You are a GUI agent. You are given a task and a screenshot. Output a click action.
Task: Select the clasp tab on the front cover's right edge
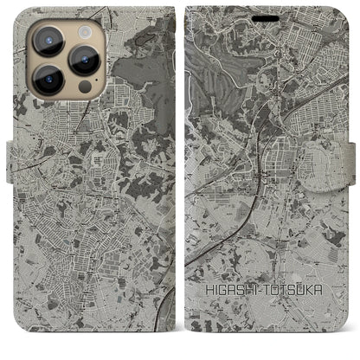click(x=354, y=157)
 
